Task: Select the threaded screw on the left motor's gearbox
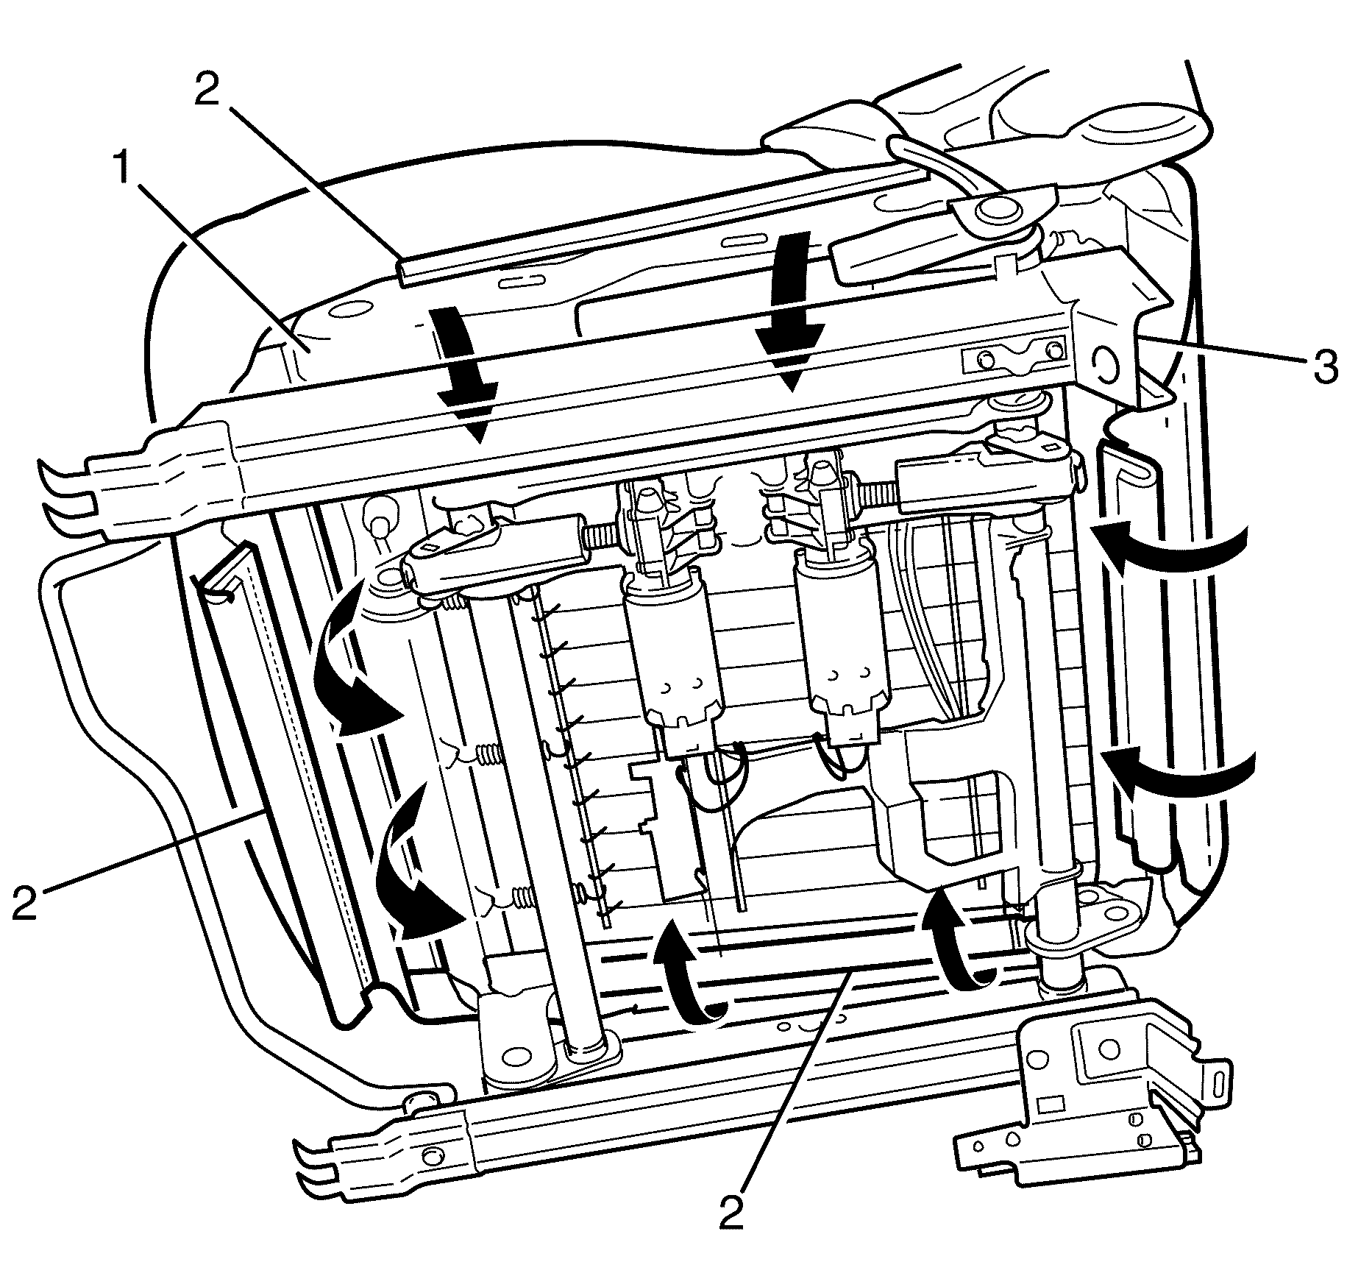(x=598, y=531)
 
